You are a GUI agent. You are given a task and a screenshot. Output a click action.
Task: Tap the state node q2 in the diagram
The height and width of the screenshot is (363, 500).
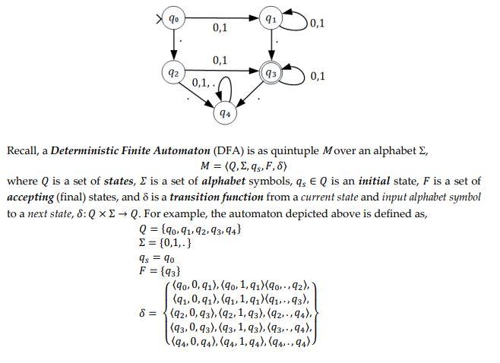click(174, 73)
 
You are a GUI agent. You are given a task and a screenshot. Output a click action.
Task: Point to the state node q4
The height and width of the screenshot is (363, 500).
click(224, 114)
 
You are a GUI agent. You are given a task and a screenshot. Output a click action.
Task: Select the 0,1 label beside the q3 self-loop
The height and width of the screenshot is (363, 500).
click(318, 77)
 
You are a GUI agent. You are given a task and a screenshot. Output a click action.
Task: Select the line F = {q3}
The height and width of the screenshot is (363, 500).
click(159, 271)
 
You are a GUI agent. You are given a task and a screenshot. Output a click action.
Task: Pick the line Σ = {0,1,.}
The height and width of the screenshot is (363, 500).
click(165, 243)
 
